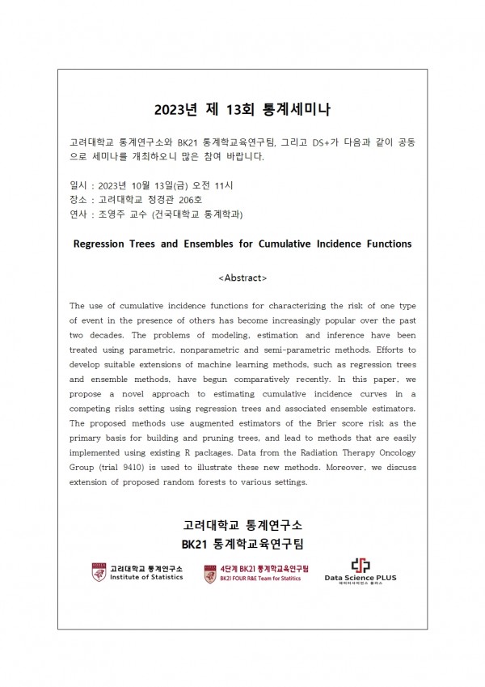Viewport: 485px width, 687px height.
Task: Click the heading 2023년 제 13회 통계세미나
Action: pos(242,108)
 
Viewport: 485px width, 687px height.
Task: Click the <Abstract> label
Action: pos(242,278)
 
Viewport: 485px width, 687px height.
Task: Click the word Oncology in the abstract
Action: pos(389,453)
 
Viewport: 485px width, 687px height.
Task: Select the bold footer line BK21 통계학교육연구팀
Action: pos(242,541)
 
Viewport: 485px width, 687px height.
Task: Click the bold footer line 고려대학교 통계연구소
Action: pos(242,524)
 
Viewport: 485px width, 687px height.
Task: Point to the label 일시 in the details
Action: pos(79,184)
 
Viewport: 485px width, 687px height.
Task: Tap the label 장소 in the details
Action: pos(79,199)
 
